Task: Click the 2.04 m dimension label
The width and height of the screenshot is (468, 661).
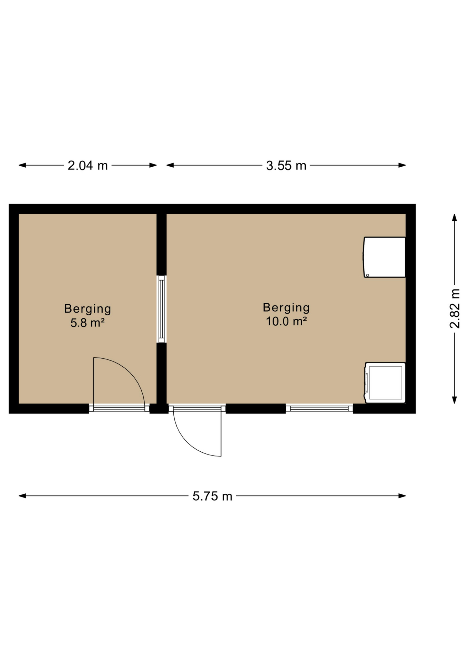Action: click(x=88, y=166)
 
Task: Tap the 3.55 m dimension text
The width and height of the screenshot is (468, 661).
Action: click(x=286, y=166)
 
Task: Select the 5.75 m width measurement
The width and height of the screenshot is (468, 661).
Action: click(x=212, y=496)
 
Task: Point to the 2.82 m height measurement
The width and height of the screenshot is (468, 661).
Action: click(x=455, y=308)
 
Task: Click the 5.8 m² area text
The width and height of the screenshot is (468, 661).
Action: click(x=88, y=323)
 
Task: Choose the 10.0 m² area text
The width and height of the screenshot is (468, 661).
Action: click(x=286, y=321)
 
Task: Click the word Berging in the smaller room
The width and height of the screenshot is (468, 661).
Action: click(x=88, y=309)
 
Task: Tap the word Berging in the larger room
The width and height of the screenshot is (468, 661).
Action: click(x=286, y=307)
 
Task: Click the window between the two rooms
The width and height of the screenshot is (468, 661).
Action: click(x=162, y=309)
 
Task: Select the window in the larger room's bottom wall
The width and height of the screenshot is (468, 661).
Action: click(x=319, y=409)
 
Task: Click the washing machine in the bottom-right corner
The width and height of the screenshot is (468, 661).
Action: click(x=385, y=382)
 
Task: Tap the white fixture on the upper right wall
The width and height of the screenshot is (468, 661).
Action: click(x=384, y=257)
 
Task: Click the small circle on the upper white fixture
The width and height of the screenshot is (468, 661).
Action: click(x=368, y=275)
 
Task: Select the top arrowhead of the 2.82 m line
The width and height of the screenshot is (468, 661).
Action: click(x=455, y=218)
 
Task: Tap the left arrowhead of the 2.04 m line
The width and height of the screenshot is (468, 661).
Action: click(x=22, y=165)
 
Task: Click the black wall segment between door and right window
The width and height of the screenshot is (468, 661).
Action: click(x=256, y=409)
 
